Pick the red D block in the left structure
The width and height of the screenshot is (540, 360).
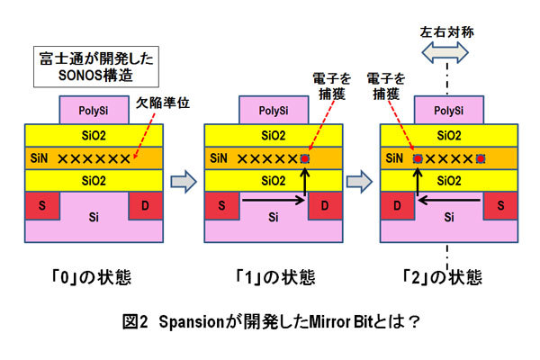[145, 204]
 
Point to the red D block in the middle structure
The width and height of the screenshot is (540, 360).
[323, 204]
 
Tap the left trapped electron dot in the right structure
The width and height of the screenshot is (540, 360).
[416, 158]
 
